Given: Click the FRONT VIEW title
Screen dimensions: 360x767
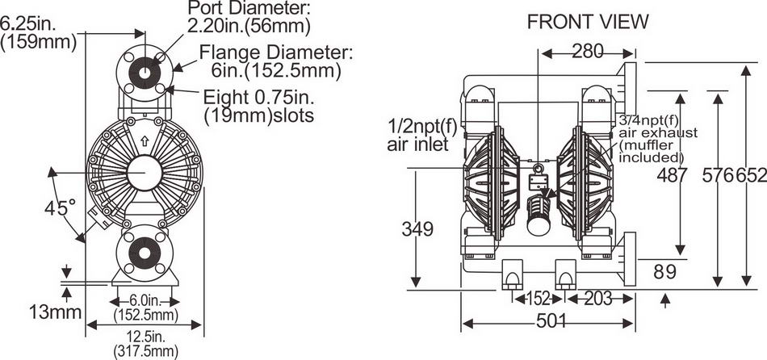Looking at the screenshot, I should pyautogui.click(x=587, y=22).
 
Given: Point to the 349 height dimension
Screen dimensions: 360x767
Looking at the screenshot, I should pyautogui.click(x=417, y=228).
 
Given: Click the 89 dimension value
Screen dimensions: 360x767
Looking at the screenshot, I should pyautogui.click(x=664, y=272).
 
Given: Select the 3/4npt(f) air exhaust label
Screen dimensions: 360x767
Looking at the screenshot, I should pyautogui.click(x=652, y=138).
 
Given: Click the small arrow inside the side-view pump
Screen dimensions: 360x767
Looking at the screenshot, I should pyautogui.click(x=144, y=140).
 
